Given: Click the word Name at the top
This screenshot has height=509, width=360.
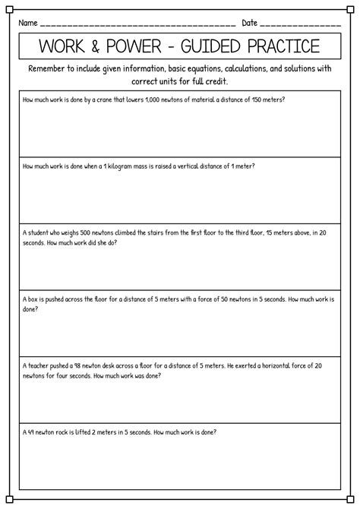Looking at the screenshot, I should [28, 23].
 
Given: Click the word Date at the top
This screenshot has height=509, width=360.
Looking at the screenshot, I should [250, 23].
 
